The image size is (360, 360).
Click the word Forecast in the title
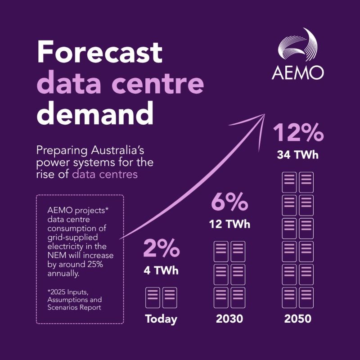(99, 52)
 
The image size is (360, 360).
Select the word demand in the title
(95, 113)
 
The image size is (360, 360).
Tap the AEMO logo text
(298, 72)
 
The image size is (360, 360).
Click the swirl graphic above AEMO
(298, 45)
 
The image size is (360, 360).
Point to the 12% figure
(298, 132)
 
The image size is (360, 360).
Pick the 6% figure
(229, 202)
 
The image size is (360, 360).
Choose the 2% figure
(162, 248)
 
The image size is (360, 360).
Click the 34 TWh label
(298, 155)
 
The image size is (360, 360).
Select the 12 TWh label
(229, 224)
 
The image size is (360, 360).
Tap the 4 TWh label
(161, 270)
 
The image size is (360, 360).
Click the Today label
(161, 319)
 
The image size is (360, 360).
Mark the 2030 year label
(229, 319)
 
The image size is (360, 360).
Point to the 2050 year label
(298, 319)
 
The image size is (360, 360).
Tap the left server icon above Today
(153, 297)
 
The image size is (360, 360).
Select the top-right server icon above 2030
(238, 252)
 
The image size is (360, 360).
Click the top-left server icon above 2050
(289, 182)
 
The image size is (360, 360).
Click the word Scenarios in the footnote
(61, 307)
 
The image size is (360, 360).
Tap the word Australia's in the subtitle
(117, 151)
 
